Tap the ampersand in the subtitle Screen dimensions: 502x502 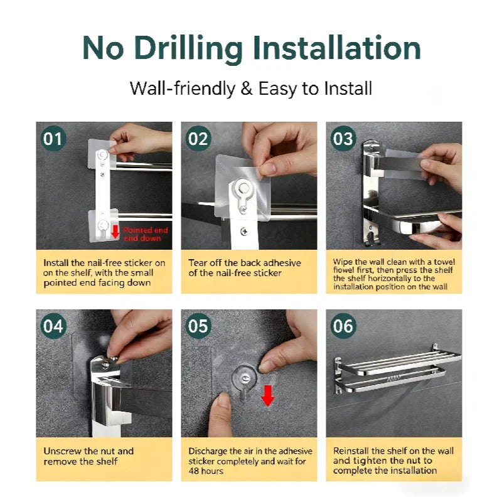click(247, 88)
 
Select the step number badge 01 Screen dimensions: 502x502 click(53, 139)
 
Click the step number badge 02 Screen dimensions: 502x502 click(198, 139)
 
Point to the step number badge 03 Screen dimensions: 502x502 click(343, 139)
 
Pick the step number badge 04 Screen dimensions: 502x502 click(53, 326)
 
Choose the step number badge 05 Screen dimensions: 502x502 click(198, 326)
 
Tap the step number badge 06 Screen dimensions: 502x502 click(343, 326)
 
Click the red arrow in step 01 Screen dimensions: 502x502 click(115, 232)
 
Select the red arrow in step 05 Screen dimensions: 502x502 click(268, 396)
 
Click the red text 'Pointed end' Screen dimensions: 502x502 click(146, 230)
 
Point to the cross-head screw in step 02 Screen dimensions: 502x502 click(244, 231)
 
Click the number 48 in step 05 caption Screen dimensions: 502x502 click(194, 471)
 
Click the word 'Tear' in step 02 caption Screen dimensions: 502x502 click(198, 263)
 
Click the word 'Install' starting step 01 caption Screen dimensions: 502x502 click(56, 263)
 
